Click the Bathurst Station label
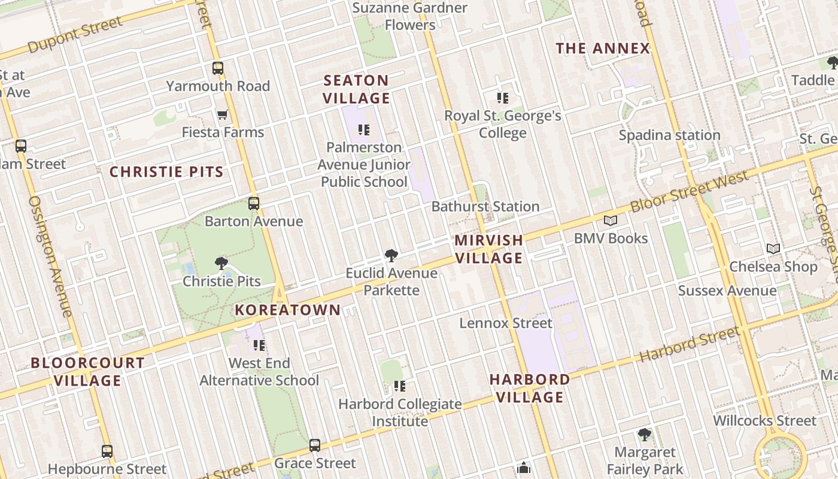pos(485,207)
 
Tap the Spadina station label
pos(669,135)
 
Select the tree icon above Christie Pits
pos(221,263)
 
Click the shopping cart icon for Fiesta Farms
pos(223,114)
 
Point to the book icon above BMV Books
pos(611,221)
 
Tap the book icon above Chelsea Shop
pos(773,248)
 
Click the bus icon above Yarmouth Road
pos(218,68)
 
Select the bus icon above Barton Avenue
pos(254,204)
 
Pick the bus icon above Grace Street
pos(315,445)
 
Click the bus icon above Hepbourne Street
pos(107,451)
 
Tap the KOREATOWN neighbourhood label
pos(288,310)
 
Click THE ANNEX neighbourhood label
pos(603,48)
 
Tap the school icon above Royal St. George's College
pos(503,98)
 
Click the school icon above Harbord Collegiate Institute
pos(400,386)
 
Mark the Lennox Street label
pos(506,323)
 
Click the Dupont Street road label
pos(75,35)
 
